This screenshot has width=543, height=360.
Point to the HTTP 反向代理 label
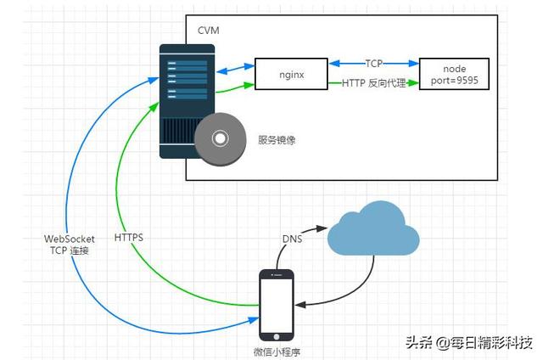[x=373, y=83]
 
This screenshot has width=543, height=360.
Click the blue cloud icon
[x=373, y=229]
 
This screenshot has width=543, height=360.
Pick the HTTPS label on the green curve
[x=128, y=237]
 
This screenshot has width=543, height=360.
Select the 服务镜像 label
[x=277, y=139]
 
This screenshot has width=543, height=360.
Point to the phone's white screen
[x=276, y=306]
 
